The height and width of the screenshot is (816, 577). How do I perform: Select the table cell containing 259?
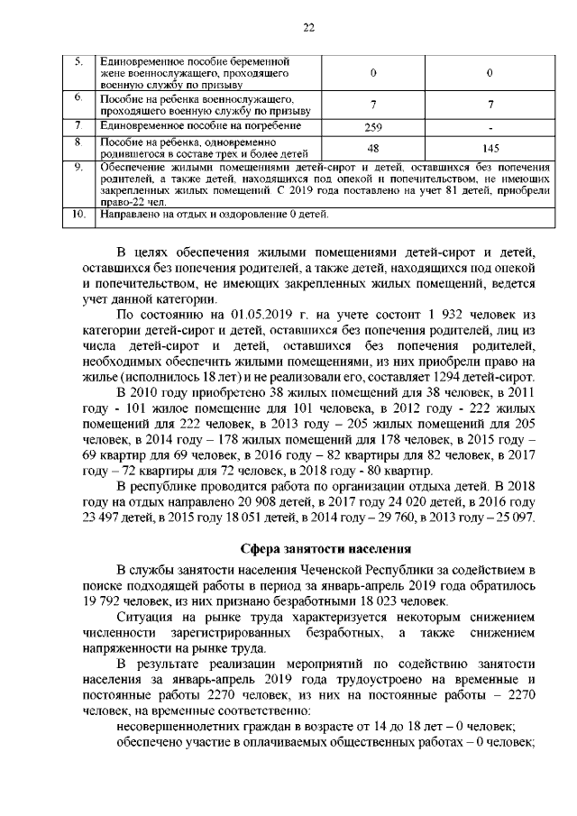pos(373,126)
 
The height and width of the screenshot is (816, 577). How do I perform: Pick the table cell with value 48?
pos(373,148)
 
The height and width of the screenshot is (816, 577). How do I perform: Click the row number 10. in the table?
pos(78,215)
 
